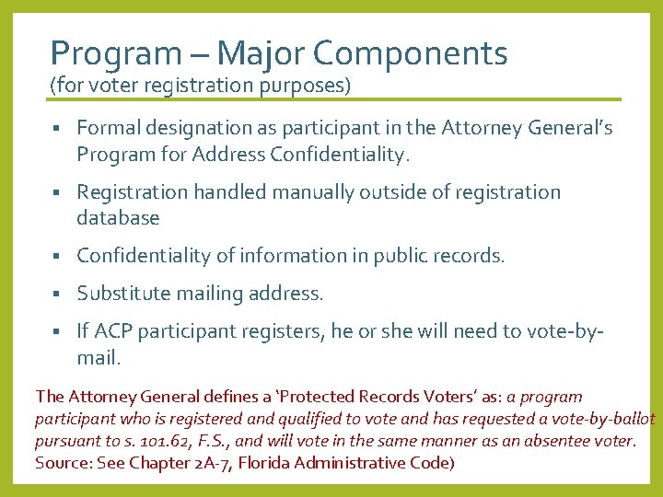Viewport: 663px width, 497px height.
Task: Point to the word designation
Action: tap(196, 128)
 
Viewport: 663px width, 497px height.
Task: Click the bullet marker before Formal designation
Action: tap(56, 129)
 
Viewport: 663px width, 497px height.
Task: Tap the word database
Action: tap(118, 218)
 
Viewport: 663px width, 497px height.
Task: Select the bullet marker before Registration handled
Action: tap(56, 193)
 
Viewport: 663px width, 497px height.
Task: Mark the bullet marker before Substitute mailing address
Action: tap(56, 295)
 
